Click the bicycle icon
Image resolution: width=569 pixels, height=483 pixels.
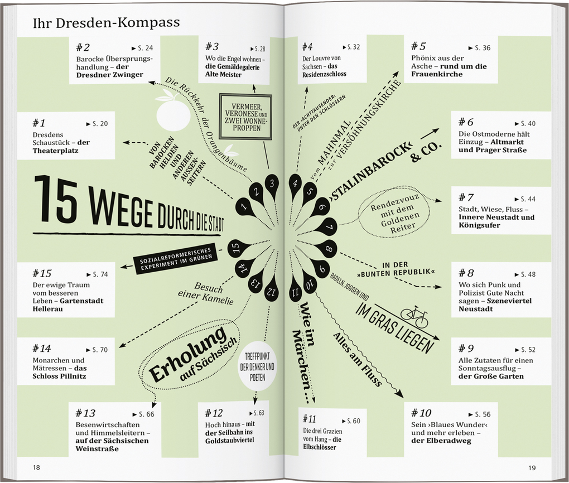tap(414, 317)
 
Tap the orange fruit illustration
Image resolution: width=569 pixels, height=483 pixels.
tap(173, 113)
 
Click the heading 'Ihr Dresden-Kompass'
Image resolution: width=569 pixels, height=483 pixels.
tap(106, 22)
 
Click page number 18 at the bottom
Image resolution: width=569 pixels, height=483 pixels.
tap(36, 467)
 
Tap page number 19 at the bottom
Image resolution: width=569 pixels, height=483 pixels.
tap(532, 467)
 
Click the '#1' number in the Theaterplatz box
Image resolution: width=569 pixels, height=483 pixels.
tap(41, 122)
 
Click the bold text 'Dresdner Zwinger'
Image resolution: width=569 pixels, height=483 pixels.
tap(109, 74)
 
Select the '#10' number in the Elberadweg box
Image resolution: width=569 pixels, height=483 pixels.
tap(421, 413)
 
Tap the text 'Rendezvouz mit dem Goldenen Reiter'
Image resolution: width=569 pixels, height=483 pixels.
tap(395, 211)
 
